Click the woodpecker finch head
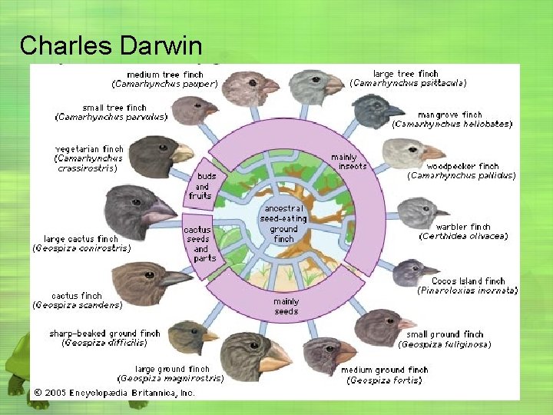[x=411, y=153]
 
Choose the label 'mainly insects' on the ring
[x=343, y=161]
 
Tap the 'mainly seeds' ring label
[x=286, y=306]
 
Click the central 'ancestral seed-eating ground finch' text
[x=283, y=224]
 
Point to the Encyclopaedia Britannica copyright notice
[x=113, y=393]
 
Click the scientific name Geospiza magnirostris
[x=171, y=378]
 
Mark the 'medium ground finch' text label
[x=384, y=370]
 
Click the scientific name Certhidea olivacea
[x=463, y=237]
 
